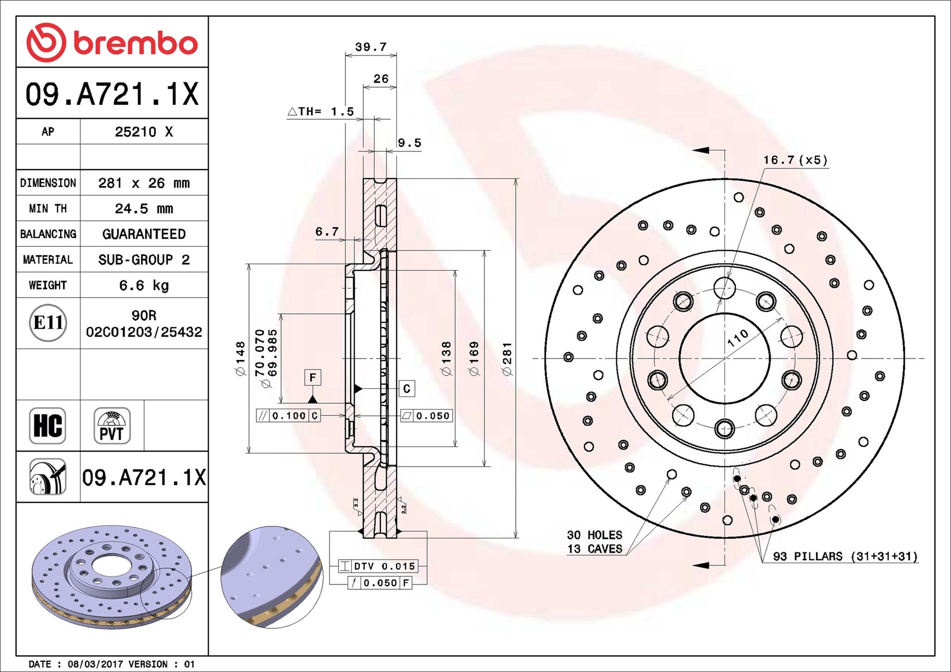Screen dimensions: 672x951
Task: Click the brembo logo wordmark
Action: [136, 43]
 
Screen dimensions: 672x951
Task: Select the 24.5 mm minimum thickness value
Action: [144, 208]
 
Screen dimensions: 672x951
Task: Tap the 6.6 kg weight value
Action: [144, 285]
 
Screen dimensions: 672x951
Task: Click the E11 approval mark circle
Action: [48, 323]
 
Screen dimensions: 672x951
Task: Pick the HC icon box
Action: [48, 426]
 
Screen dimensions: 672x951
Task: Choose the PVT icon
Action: [112, 426]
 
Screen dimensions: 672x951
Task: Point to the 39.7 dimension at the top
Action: [371, 47]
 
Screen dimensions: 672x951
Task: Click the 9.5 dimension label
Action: [409, 143]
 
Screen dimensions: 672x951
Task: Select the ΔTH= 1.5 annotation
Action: [321, 111]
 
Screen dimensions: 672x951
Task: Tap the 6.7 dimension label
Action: [327, 231]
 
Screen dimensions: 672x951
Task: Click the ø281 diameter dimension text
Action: [507, 358]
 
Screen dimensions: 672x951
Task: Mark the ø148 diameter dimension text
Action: [241, 358]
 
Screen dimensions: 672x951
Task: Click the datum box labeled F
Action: [312, 377]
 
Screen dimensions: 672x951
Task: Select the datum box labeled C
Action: [406, 388]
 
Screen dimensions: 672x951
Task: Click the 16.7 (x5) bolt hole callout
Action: [795, 160]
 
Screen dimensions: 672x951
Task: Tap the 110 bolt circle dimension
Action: [737, 338]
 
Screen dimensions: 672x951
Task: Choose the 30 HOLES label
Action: [594, 535]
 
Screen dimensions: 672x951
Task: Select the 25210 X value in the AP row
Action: [144, 131]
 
